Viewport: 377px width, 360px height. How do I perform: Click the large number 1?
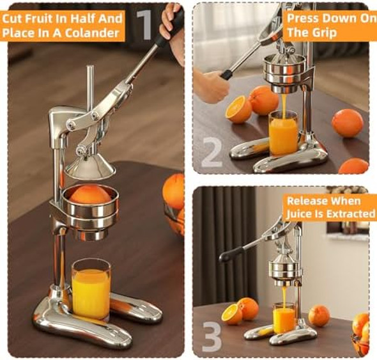click(146, 25)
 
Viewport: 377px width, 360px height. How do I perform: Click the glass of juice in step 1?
click(91, 289)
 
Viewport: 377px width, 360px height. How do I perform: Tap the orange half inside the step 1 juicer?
click(89, 194)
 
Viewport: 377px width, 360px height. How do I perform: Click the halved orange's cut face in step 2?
click(237, 110)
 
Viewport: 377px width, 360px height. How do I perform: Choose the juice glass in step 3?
click(284, 318)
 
